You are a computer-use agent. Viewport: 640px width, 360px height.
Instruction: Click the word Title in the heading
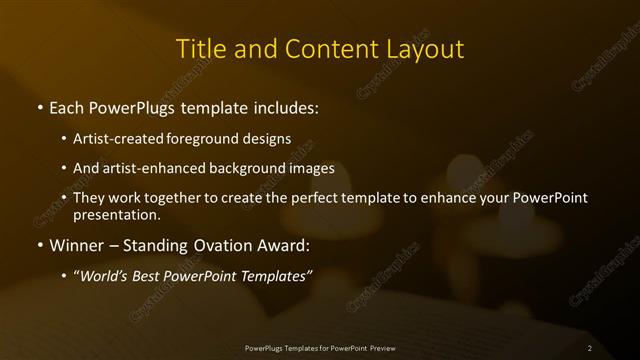pos(200,49)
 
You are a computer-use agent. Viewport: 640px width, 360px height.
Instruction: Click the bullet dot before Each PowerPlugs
pos(39,106)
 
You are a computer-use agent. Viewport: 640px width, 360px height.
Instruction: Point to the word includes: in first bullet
pos(289,106)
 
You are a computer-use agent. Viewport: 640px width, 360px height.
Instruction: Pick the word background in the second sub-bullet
pos(254,168)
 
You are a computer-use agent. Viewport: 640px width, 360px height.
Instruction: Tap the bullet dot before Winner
pos(39,244)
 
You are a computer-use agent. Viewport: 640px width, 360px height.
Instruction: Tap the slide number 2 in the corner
pos(589,347)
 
